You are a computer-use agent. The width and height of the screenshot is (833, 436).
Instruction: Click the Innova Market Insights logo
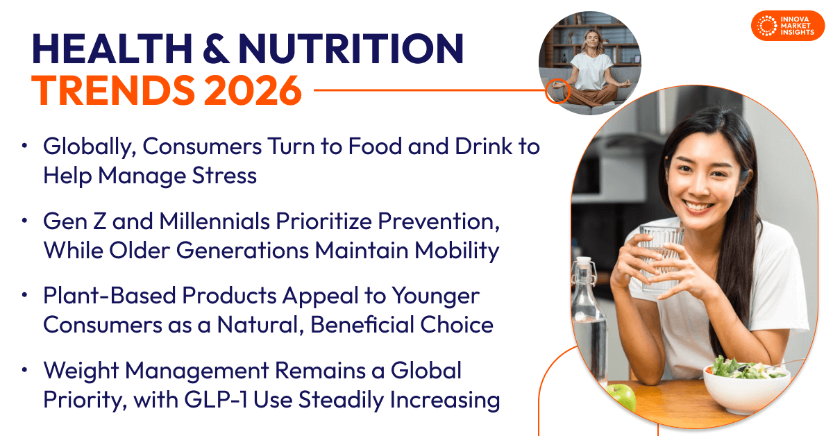tap(787, 26)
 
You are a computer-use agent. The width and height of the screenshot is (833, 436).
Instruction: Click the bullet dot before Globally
tap(25, 146)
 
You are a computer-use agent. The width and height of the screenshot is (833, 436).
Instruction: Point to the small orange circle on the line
tap(557, 91)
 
